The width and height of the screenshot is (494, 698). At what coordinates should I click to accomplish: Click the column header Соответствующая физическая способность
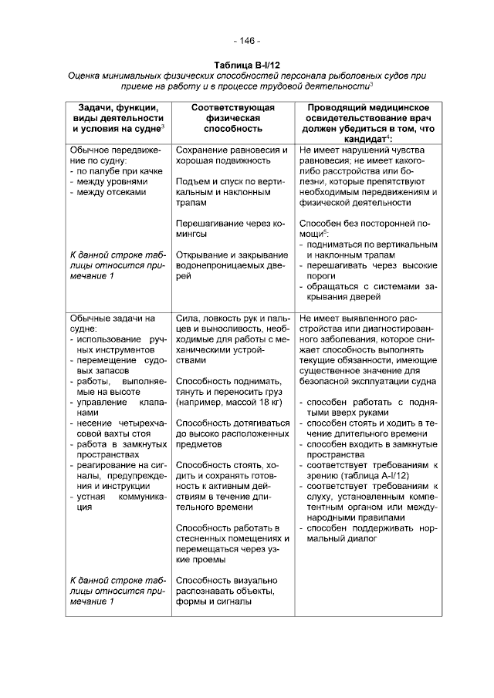click(x=228, y=119)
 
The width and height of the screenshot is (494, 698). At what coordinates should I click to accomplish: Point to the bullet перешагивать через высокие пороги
click(x=368, y=271)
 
